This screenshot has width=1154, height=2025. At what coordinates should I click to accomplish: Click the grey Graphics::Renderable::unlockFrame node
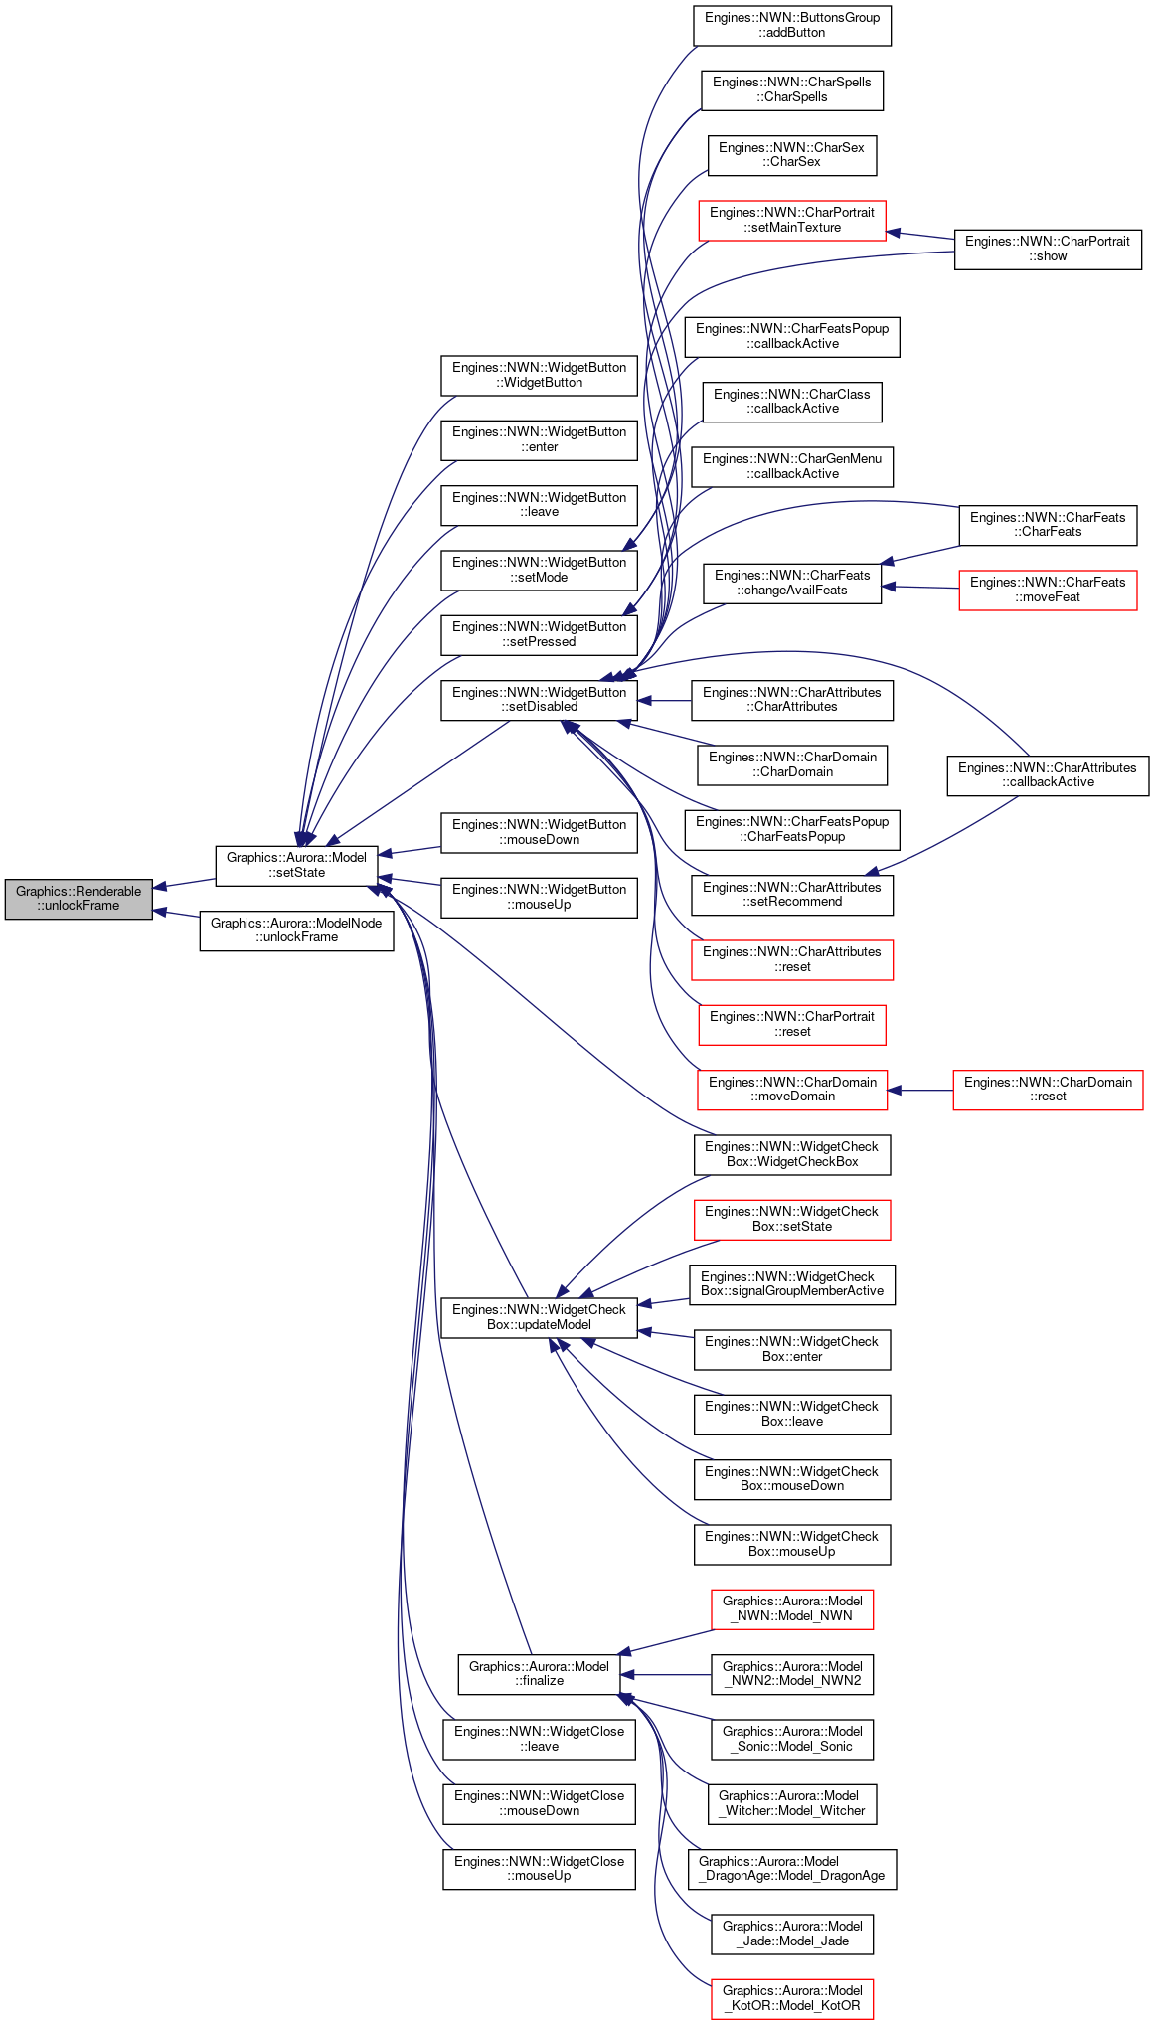point(79,899)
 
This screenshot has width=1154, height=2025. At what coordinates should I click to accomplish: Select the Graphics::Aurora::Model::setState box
point(296,865)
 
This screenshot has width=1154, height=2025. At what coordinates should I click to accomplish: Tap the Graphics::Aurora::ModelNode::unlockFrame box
point(296,930)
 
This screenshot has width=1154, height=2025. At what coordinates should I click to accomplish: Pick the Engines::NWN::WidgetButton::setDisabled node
point(539,700)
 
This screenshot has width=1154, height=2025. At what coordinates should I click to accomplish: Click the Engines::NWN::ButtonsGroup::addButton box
point(792,25)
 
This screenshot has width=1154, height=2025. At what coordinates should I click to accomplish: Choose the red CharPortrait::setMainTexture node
point(792,220)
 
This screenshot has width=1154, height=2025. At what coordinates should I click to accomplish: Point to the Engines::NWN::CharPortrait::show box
point(1048,249)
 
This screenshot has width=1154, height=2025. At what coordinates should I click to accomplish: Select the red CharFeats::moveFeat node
point(1048,590)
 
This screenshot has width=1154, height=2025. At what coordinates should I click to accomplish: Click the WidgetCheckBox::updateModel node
point(539,1317)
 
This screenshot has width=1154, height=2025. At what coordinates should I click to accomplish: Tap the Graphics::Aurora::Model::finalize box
point(539,1674)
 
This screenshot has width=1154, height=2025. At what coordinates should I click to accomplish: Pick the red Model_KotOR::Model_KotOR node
point(792,1998)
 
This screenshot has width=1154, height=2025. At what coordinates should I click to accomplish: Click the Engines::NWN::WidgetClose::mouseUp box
point(539,1869)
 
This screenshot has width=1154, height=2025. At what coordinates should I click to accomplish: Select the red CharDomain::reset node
point(1048,1090)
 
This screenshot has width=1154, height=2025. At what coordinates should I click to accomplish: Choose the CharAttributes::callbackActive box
point(1048,775)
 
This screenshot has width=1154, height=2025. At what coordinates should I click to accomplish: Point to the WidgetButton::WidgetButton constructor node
point(539,375)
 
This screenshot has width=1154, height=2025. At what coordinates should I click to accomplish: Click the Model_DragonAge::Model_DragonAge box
point(792,1869)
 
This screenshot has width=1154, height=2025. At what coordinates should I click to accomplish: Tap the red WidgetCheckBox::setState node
point(792,1219)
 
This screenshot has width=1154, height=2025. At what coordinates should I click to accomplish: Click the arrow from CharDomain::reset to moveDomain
point(919,1090)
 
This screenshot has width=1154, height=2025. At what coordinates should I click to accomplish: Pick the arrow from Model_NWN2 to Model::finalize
point(666,1674)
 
